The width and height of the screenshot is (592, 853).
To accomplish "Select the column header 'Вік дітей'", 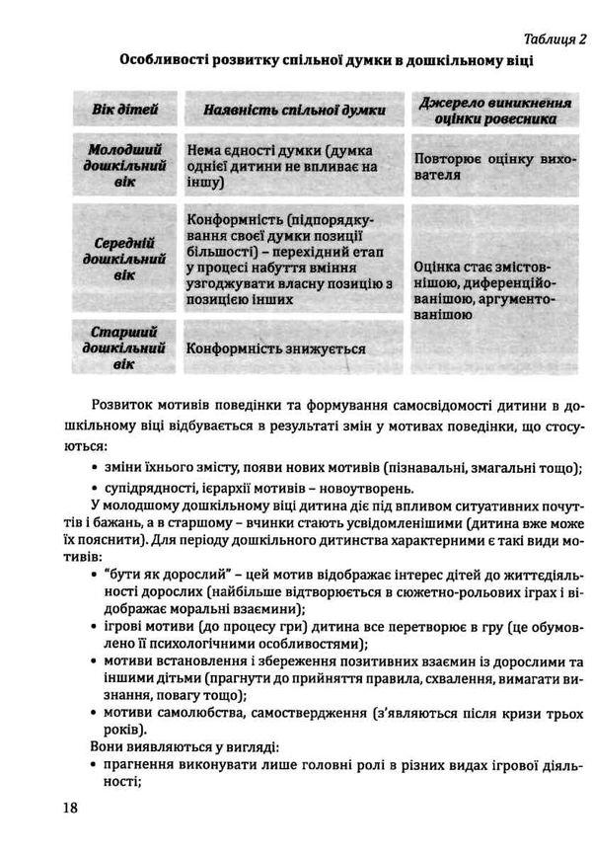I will (x=125, y=110).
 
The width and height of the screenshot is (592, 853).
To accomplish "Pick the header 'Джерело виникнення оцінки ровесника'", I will (x=495, y=110).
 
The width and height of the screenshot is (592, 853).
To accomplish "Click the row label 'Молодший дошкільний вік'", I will (x=125, y=166).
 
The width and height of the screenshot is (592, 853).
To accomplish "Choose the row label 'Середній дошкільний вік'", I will (x=125, y=259).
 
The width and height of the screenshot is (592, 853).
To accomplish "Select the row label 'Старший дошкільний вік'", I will (x=125, y=348).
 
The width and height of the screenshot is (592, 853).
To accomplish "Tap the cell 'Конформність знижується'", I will (x=276, y=349).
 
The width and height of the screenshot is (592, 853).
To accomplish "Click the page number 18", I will (x=68, y=808).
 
